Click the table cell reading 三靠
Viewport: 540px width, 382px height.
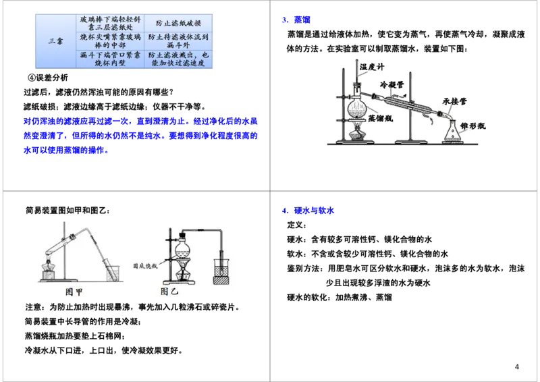56,40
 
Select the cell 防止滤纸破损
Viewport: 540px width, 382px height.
178,24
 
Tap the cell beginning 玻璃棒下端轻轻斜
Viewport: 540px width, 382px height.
109,24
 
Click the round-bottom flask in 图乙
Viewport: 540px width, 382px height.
182,248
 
